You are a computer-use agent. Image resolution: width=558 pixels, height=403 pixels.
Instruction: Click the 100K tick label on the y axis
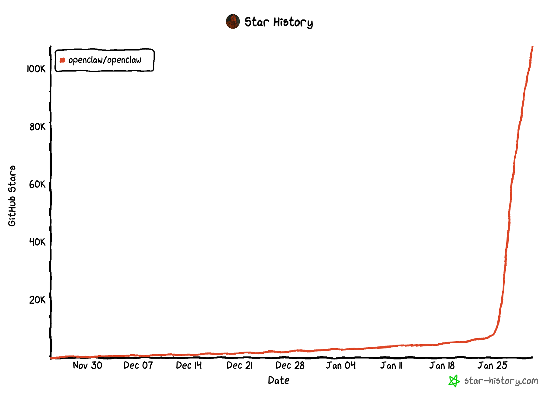point(36,69)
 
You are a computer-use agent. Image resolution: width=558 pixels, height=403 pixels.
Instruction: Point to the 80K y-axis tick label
point(37,127)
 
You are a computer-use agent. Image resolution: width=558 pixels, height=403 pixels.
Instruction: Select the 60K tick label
point(37,184)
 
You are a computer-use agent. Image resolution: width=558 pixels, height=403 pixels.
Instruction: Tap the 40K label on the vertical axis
point(37,242)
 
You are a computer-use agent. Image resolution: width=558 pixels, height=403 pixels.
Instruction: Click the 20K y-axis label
point(37,300)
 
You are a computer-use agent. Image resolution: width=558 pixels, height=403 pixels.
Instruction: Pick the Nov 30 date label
point(87,365)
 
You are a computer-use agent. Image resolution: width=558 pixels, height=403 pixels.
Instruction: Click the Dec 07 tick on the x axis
point(138,365)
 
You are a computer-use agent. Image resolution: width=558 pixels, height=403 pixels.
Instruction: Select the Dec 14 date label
point(189,365)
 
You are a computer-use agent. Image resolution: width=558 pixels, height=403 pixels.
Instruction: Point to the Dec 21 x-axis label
point(239,365)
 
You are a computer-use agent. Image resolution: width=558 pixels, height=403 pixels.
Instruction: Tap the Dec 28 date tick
point(290,365)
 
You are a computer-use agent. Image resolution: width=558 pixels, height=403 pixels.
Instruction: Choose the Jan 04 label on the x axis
point(341,365)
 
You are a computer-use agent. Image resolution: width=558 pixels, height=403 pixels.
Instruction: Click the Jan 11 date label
point(391,365)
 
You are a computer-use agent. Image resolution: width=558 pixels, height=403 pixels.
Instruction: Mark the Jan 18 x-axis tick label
point(442,365)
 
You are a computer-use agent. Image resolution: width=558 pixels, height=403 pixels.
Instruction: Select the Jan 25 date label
point(492,365)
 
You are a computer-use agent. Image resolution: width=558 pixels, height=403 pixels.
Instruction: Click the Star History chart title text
point(278,22)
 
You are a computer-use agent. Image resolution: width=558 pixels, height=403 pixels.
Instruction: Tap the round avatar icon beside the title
point(233,22)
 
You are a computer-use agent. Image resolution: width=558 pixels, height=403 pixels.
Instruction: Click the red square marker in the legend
point(62,60)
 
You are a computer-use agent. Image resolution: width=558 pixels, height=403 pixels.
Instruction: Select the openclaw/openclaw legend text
point(105,60)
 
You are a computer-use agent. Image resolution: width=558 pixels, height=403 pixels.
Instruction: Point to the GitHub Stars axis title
point(12,196)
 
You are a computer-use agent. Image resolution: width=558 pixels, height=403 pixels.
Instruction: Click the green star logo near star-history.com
point(454,381)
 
